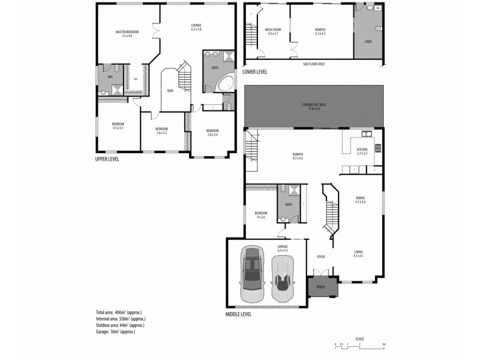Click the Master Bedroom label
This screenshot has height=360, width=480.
click(x=127, y=33)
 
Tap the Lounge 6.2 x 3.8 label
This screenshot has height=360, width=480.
click(x=196, y=28)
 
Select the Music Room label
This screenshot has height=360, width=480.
click(x=274, y=31)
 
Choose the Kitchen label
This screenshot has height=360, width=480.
click(x=362, y=151)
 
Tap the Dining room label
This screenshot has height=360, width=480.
click(x=360, y=199)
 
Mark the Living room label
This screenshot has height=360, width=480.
click(x=358, y=254)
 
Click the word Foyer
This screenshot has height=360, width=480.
click(x=321, y=256)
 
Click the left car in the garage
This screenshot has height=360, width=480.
click(x=252, y=274)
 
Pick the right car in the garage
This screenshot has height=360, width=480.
click(x=282, y=279)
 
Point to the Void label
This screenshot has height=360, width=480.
click(x=170, y=91)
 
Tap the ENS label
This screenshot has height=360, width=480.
click(x=110, y=77)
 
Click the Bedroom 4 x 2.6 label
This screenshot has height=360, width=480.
click(x=260, y=215)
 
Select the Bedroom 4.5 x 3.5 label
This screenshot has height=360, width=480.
click(x=118, y=126)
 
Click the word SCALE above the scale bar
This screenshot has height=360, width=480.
click(x=359, y=338)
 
